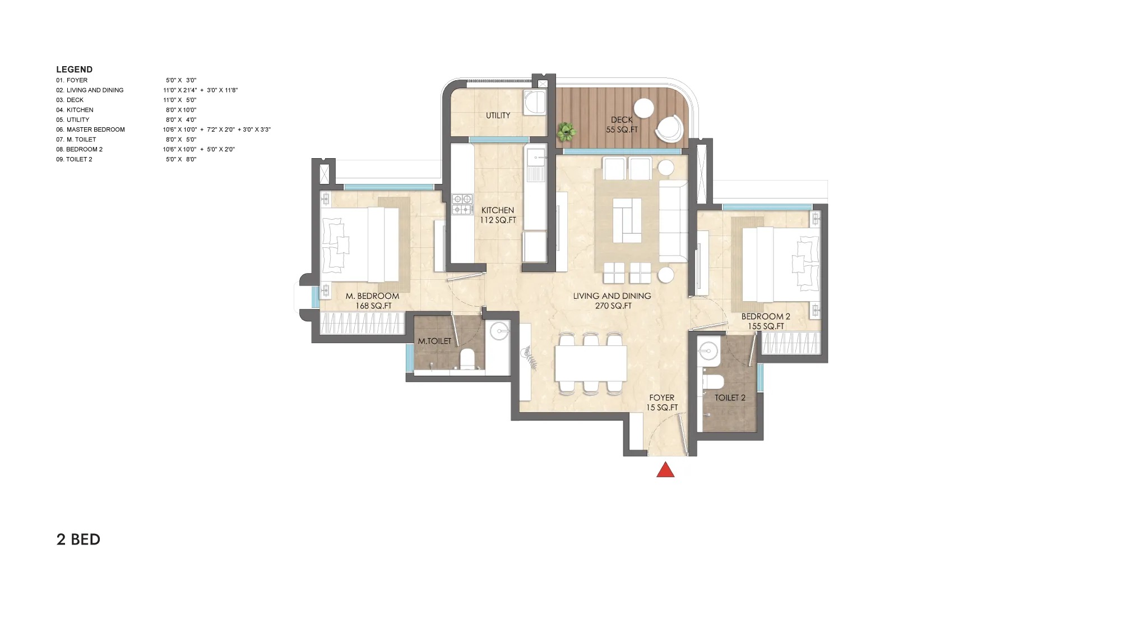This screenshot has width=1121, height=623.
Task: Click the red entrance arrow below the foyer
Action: click(x=665, y=470)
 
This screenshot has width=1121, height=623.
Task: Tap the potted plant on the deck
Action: click(x=566, y=132)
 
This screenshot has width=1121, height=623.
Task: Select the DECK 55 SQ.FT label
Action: click(x=622, y=124)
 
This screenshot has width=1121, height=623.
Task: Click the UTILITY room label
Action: click(x=498, y=116)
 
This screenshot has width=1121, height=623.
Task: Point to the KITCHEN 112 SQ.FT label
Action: click(x=498, y=215)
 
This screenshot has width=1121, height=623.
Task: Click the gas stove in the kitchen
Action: click(x=462, y=204)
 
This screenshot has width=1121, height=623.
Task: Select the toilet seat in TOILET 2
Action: click(x=713, y=382)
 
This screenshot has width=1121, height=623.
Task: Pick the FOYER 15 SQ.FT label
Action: click(x=662, y=403)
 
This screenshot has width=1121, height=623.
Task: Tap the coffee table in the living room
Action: click(x=627, y=220)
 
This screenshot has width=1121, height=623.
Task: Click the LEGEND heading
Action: click(x=74, y=70)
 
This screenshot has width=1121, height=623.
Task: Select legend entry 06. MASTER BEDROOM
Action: click(x=90, y=130)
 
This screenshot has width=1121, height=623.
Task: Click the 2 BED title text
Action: click(x=78, y=539)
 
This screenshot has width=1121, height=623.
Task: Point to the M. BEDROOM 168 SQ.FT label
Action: click(x=373, y=301)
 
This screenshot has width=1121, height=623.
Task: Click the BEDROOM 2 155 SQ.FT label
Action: click(x=766, y=321)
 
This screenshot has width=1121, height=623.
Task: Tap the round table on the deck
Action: click(x=644, y=108)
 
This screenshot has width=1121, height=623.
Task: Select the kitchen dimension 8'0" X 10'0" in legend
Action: click(x=180, y=110)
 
